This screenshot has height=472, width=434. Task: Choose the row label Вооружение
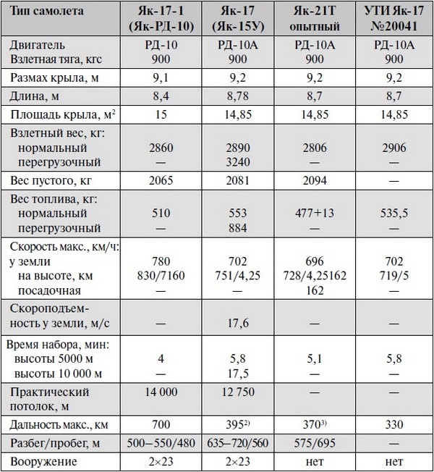pos(42,460)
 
